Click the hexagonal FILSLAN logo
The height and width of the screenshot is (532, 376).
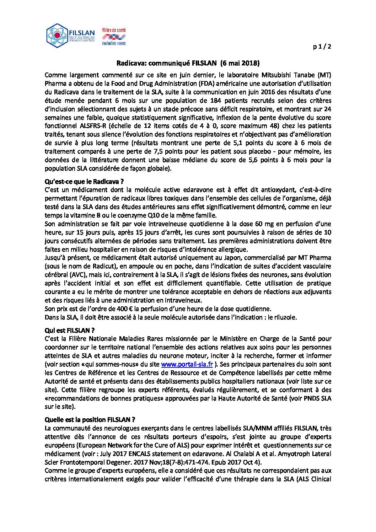tap(57, 36)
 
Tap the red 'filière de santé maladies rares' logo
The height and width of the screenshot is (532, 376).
tap(114, 37)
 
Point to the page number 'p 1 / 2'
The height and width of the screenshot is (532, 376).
tap(322, 47)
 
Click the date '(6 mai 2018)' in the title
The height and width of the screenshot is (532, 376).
tap(240, 63)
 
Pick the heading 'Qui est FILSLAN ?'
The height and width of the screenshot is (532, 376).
tap(70, 331)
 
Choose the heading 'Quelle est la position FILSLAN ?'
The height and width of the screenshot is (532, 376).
tap(90, 420)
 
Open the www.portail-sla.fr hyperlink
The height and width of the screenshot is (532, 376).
tap(187, 364)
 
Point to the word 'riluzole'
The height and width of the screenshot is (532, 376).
tap(284, 317)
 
